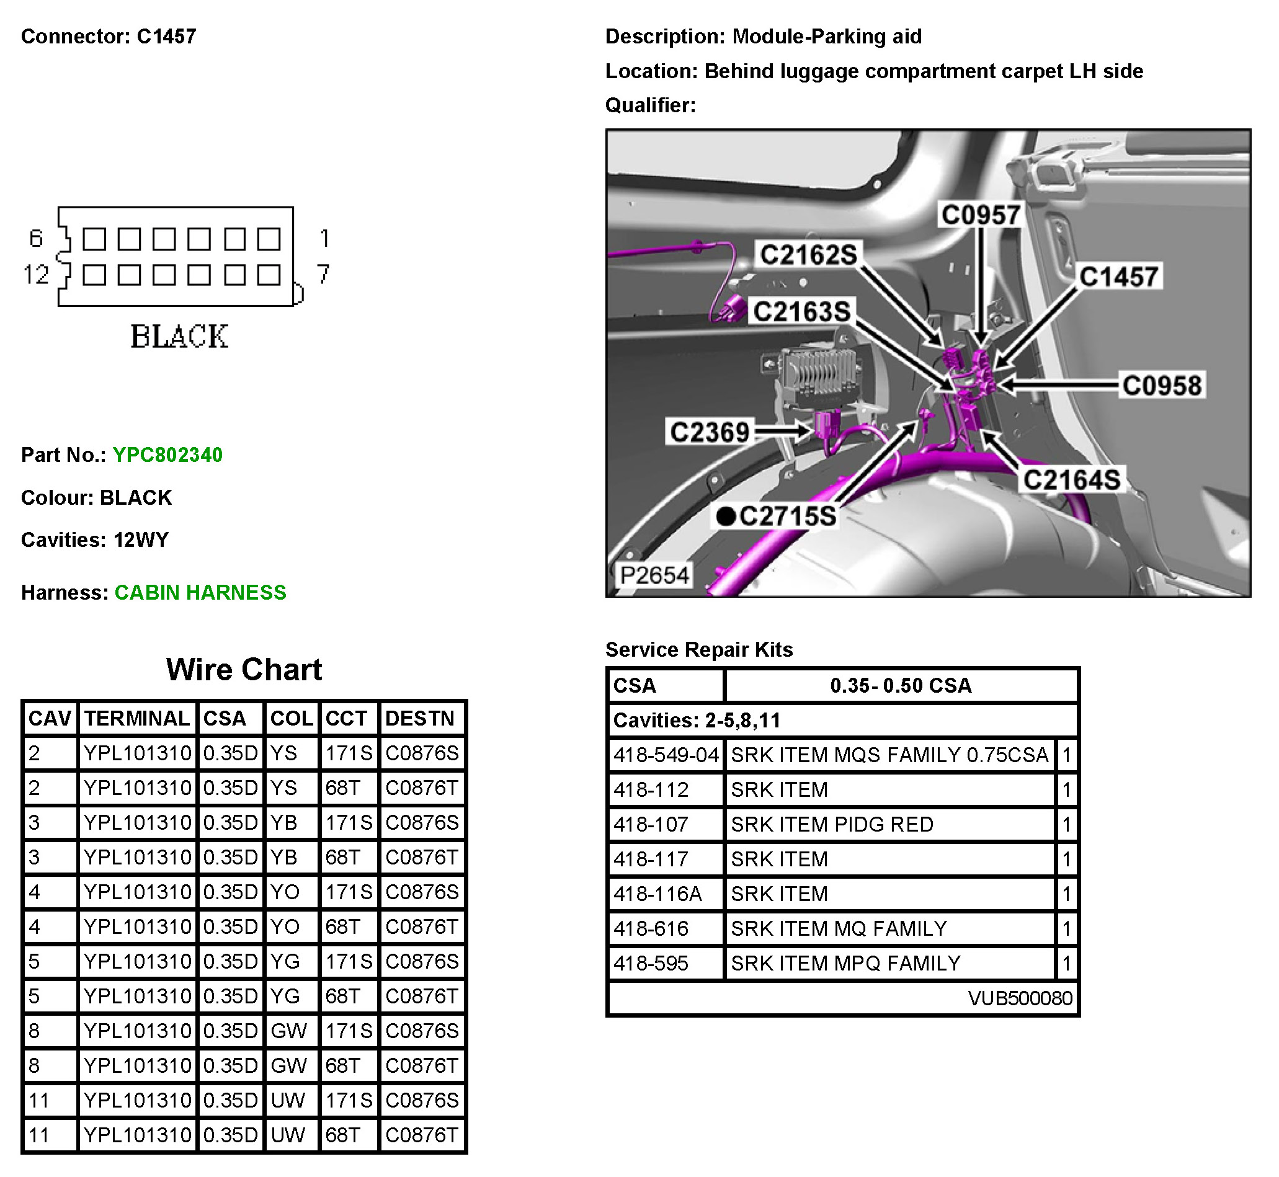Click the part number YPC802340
(167, 455)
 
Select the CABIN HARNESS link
(200, 592)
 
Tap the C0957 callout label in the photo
(980, 215)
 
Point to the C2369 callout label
(710, 432)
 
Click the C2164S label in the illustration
(1071, 479)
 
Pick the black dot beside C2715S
(726, 516)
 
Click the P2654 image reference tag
(654, 575)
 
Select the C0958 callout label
(1162, 385)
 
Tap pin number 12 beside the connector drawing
(36, 275)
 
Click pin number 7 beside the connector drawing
(324, 275)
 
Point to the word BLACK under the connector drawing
(179, 336)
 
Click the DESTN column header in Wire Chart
(421, 719)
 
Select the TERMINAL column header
(137, 719)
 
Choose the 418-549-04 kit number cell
(666, 755)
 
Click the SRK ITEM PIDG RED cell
(832, 825)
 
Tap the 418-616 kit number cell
(651, 929)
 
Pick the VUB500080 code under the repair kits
(1020, 998)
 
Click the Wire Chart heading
(244, 669)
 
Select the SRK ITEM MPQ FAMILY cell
(845, 964)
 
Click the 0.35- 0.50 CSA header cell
(901, 685)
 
